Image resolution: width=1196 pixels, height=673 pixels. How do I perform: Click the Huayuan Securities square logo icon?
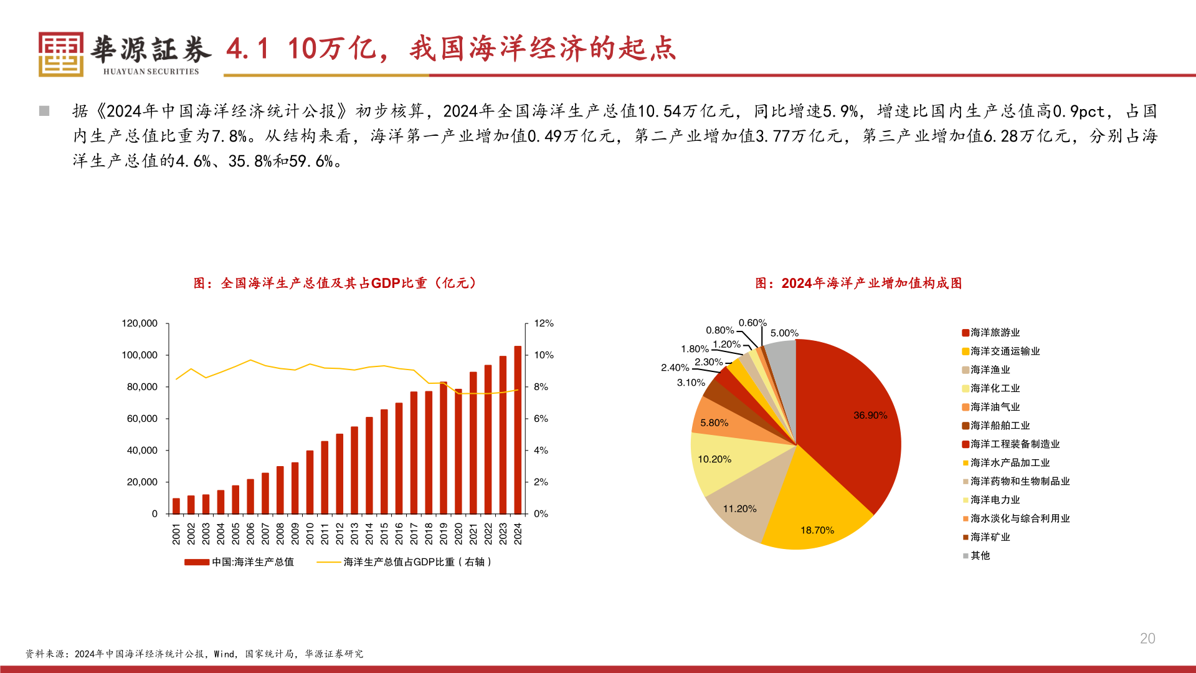point(60,54)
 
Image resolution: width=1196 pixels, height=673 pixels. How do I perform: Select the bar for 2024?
point(518,430)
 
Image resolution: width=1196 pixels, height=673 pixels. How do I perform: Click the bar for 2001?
point(176,505)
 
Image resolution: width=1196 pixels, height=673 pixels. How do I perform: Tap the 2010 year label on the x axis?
point(310,533)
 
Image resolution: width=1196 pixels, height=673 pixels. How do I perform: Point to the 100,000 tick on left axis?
point(140,355)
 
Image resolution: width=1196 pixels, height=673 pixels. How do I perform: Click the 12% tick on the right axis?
point(543,323)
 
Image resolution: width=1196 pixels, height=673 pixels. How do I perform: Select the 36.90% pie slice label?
point(870,415)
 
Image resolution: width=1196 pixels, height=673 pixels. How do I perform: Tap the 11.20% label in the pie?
point(739,508)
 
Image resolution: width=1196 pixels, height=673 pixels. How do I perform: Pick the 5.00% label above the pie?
point(784,333)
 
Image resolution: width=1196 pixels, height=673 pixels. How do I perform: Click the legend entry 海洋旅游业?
point(995,333)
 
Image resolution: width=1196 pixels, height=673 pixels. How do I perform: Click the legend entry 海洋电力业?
point(995,500)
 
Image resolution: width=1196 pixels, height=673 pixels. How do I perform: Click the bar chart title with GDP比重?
point(336,284)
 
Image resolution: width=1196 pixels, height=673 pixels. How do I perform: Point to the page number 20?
point(1147,638)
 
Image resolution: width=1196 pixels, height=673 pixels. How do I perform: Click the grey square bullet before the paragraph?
point(44,111)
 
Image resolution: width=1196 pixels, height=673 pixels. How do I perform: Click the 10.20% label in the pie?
point(714,459)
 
